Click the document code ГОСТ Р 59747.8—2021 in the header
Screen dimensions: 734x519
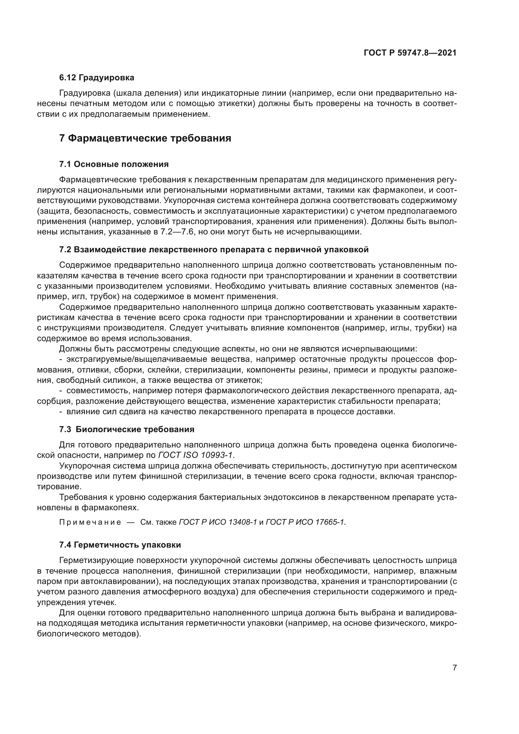point(410,53)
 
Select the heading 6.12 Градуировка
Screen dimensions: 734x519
point(97,78)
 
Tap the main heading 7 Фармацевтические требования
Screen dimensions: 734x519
point(145,138)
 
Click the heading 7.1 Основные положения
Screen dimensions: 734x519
point(114,164)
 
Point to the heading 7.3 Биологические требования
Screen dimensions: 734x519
point(126,429)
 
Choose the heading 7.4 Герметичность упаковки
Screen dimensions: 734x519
point(120,545)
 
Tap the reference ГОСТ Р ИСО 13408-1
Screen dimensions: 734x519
point(218,522)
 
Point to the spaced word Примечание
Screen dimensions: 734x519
point(90,522)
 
